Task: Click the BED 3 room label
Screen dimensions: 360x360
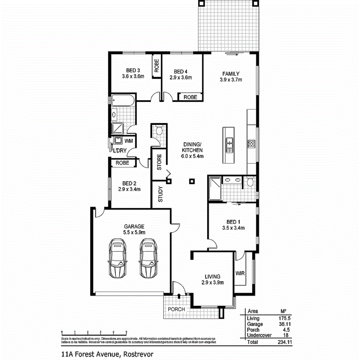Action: pos(133,71)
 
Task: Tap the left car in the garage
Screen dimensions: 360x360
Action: pos(118,258)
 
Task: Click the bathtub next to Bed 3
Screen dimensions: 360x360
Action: pos(123,101)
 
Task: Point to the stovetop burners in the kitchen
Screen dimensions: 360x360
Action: pos(251,144)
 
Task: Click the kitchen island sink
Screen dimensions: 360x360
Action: pos(229,143)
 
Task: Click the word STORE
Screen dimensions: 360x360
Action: pos(159,163)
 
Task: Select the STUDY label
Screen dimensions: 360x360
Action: pos(161,195)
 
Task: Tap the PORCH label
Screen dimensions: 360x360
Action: pos(176,309)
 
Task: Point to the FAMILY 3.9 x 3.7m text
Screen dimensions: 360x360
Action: pos(231,77)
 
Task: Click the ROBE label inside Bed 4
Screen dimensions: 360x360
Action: pos(190,97)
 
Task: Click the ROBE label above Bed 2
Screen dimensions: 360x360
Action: pos(122,163)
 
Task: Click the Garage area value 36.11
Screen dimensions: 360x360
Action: pos(284,325)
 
